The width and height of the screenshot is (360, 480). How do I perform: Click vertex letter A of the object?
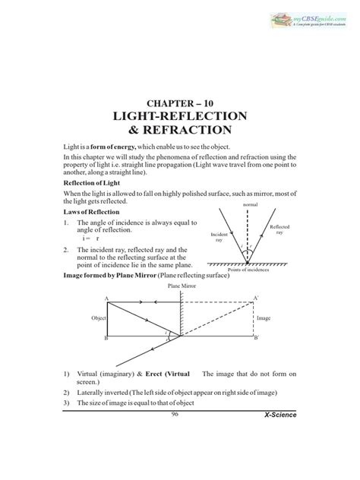click(106, 298)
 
